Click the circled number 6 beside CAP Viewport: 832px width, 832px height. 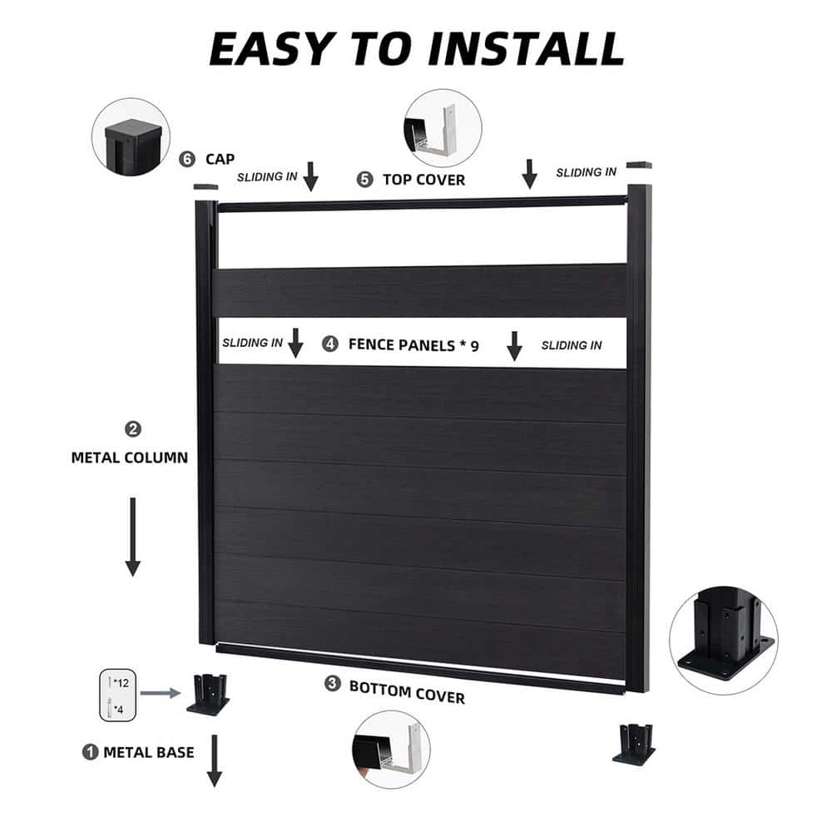point(187,158)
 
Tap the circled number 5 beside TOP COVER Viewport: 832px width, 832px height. point(365,179)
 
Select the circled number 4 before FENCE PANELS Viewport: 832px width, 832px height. point(331,343)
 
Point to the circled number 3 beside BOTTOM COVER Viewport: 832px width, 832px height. point(333,684)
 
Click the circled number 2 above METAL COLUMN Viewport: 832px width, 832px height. point(132,429)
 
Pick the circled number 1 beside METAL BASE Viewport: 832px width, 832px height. point(90,751)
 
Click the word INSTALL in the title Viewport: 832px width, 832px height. point(526,49)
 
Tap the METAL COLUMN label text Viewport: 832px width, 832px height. point(129,458)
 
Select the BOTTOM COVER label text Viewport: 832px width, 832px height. point(407,691)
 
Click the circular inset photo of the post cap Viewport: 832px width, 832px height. point(131,136)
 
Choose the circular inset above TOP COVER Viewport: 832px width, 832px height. point(442,128)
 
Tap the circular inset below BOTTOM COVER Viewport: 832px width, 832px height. point(391,748)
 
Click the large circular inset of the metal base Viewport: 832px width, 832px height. point(723,633)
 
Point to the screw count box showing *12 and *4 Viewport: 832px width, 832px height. point(115,696)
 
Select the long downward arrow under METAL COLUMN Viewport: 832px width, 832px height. point(132,537)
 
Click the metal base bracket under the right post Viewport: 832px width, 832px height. point(634,743)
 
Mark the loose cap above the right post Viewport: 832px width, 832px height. point(639,165)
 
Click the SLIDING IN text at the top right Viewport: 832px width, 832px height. point(586,172)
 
